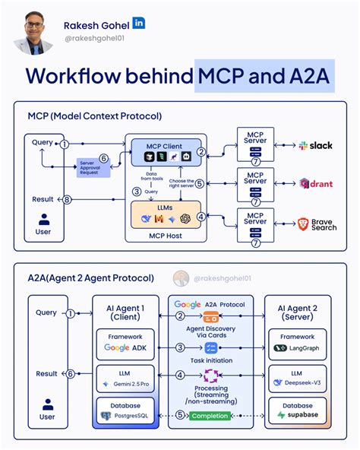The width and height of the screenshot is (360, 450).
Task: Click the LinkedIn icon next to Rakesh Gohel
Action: point(140,24)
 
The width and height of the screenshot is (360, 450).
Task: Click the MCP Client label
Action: point(164,144)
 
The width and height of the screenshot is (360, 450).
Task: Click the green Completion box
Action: point(209,416)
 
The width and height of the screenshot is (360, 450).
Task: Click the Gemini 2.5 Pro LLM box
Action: point(125,379)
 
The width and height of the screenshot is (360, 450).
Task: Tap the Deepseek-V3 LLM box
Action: point(298,379)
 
